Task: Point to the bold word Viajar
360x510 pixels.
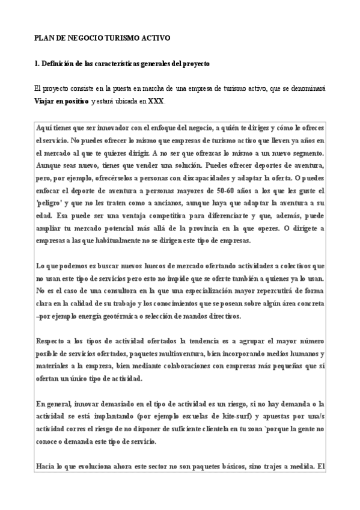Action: (46, 101)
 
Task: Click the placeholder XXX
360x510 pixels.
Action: (155, 101)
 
